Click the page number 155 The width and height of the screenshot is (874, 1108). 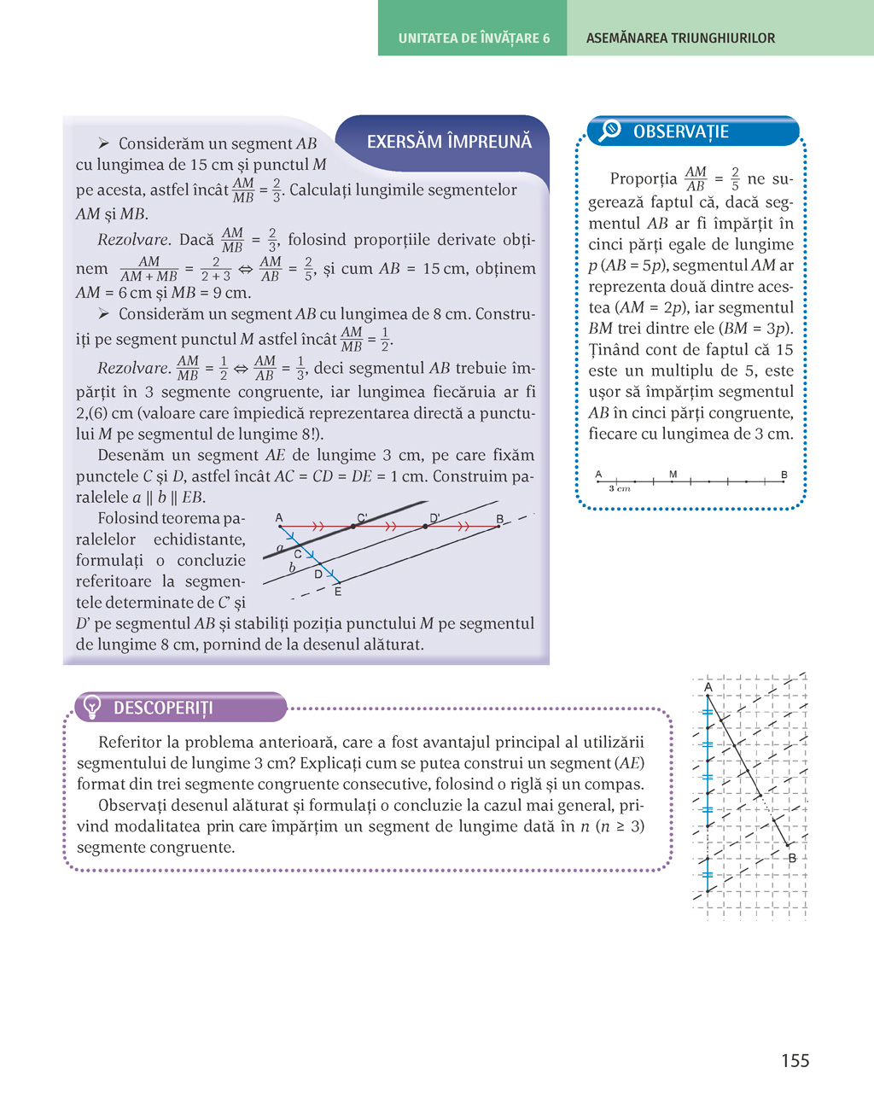click(795, 1060)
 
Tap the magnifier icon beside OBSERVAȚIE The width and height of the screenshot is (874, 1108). click(609, 131)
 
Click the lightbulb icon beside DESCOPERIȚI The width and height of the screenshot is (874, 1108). click(91, 707)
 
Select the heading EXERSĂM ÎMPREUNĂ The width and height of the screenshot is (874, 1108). click(449, 142)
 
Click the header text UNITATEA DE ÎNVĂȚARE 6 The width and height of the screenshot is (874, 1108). click(474, 38)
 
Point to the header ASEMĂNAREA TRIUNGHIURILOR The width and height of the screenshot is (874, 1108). click(680, 38)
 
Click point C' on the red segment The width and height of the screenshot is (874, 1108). click(353, 527)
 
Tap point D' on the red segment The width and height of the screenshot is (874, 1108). click(426, 527)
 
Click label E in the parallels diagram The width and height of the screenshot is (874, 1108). click(338, 592)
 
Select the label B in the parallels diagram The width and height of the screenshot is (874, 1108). click(500, 519)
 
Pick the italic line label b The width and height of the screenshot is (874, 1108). click(292, 567)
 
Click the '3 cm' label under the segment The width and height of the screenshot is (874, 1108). click(620, 489)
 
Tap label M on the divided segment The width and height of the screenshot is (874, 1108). click(673, 474)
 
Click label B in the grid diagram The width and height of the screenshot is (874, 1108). click(792, 858)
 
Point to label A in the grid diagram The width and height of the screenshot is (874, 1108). click(708, 687)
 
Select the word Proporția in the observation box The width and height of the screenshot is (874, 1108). click(644, 179)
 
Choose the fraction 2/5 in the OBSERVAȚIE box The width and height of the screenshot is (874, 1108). click(735, 178)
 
